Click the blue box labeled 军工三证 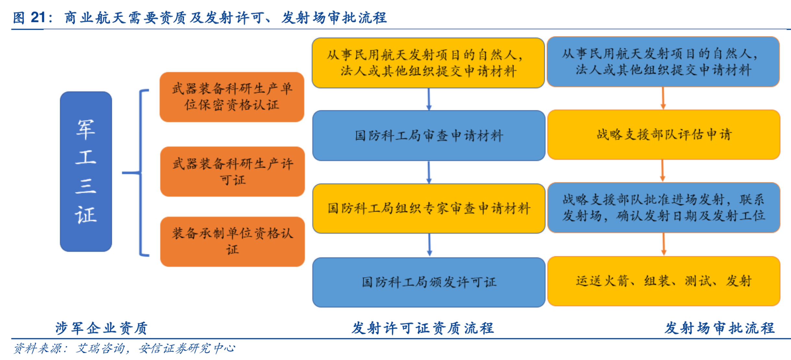[x=86, y=172]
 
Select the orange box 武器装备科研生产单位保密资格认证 [x=232, y=97]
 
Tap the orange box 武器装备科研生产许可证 [x=232, y=172]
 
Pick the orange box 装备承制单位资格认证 [x=232, y=242]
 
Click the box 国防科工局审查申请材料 [x=429, y=136]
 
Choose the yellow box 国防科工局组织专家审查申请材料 [x=429, y=209]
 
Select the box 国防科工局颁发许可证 [x=429, y=282]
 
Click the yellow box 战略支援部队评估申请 [x=663, y=135]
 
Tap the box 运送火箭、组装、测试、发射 [x=663, y=281]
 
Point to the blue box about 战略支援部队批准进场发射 [x=663, y=208]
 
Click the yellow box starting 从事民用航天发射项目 [x=428, y=63]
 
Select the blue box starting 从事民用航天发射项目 [x=663, y=62]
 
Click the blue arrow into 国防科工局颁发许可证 [x=430, y=245]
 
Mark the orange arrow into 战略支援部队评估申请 [x=663, y=98]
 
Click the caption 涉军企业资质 [x=102, y=328]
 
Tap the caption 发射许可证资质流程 [x=423, y=328]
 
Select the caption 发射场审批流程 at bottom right [x=719, y=328]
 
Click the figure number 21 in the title [x=38, y=18]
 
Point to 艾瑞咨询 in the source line [x=100, y=349]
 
